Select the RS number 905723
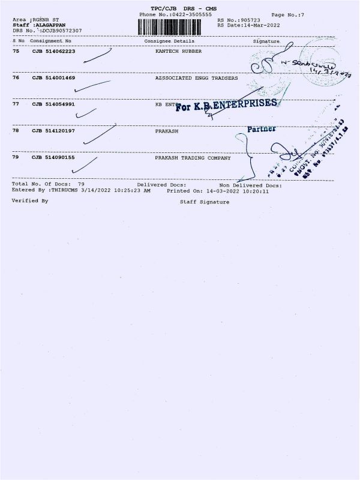[x=248, y=20]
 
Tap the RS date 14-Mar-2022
[x=253, y=25]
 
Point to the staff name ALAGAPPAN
[x=51, y=25]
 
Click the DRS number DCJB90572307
[x=61, y=30]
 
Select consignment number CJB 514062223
[x=53, y=52]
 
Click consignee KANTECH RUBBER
[x=178, y=52]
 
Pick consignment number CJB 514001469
[x=53, y=78]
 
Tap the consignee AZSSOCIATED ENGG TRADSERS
[x=196, y=78]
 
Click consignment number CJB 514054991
[x=53, y=104]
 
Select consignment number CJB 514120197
[x=53, y=131]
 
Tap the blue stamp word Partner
[x=262, y=128]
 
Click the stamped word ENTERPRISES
[x=248, y=104]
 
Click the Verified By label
[x=30, y=200]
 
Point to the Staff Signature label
[x=205, y=202]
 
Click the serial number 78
[x=16, y=131]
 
